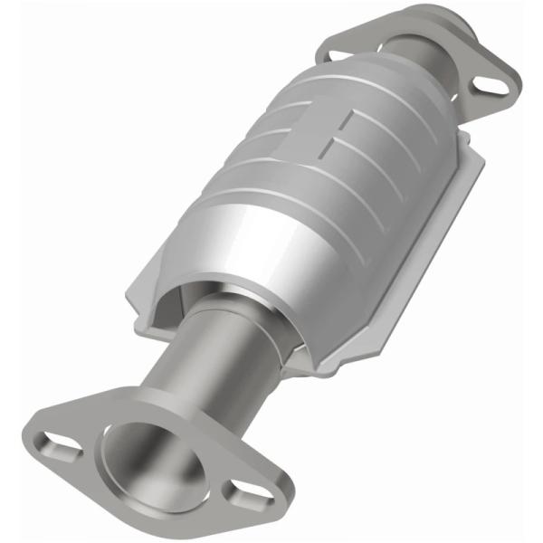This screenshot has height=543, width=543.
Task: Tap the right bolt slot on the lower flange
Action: point(242,493)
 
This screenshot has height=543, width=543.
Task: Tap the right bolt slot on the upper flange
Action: point(491,84)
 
